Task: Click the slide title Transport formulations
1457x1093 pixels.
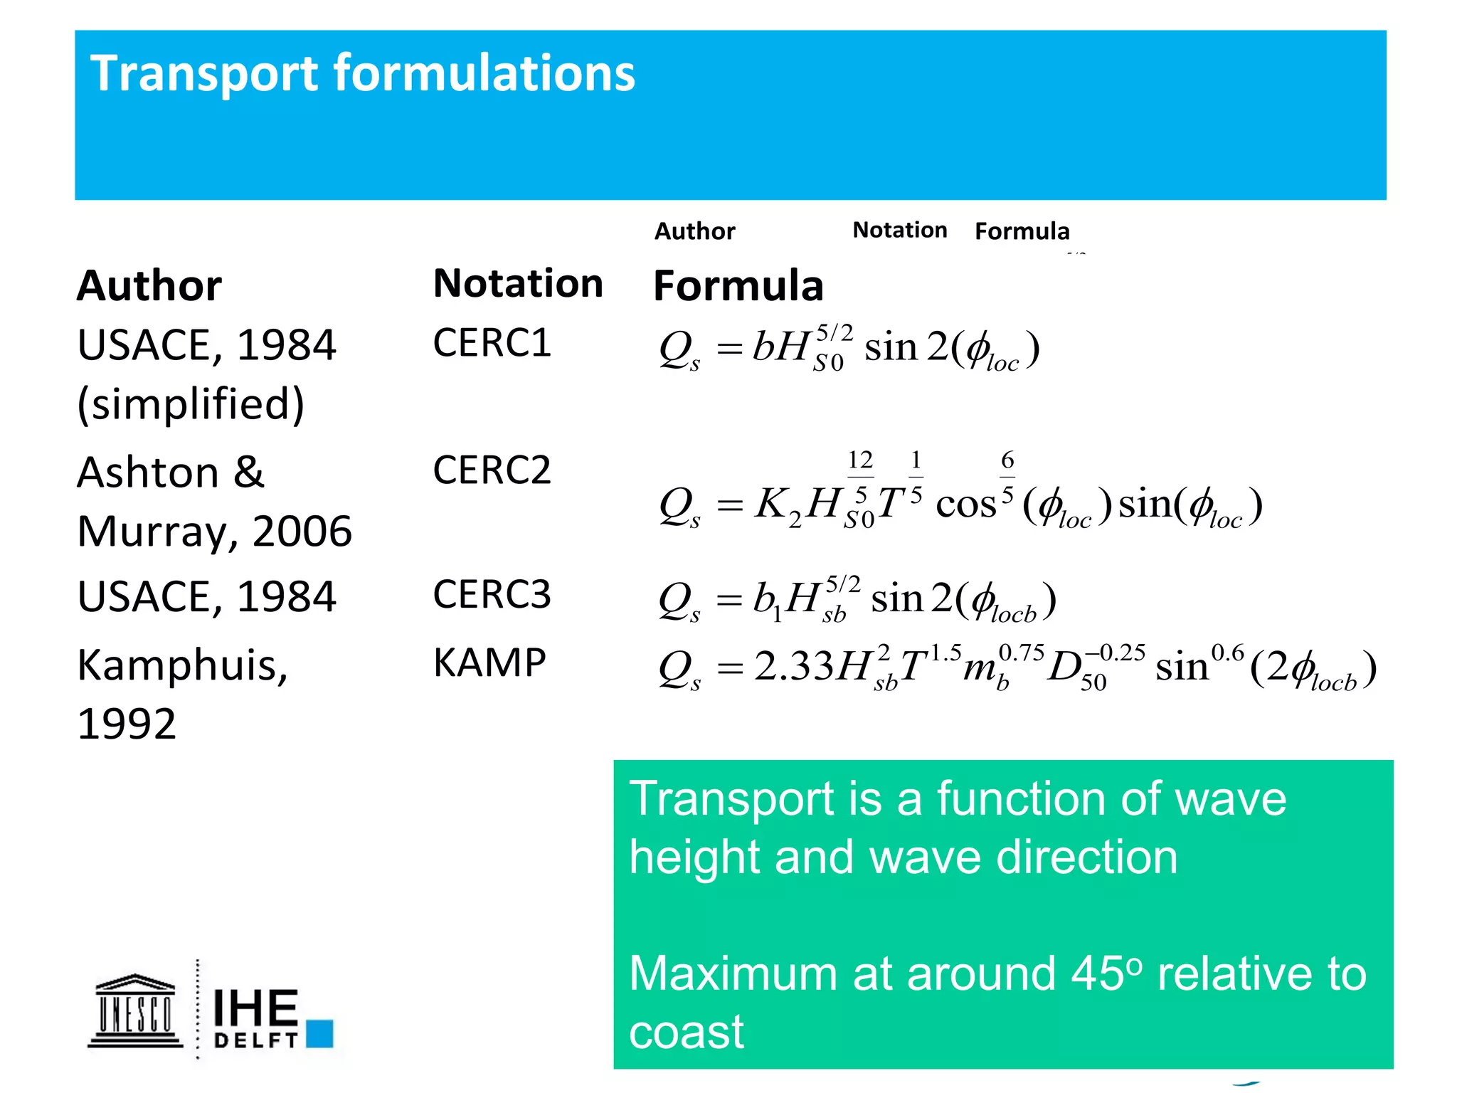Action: [363, 74]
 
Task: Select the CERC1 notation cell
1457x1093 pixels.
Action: [492, 343]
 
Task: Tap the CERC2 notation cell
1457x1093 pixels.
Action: [492, 470]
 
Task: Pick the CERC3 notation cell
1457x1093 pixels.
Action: [492, 595]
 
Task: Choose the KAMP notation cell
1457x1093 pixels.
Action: [489, 663]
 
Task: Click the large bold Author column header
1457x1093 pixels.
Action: [149, 286]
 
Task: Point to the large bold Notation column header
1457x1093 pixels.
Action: [518, 283]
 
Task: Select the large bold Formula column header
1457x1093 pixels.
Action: [738, 286]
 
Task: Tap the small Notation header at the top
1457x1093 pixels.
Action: [900, 230]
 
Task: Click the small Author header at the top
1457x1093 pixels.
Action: [694, 231]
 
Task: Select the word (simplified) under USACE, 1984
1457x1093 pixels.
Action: [191, 404]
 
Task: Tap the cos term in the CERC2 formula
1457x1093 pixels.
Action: [965, 505]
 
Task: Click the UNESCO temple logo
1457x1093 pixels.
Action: [135, 1011]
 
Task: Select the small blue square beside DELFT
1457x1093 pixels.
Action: [320, 1033]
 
